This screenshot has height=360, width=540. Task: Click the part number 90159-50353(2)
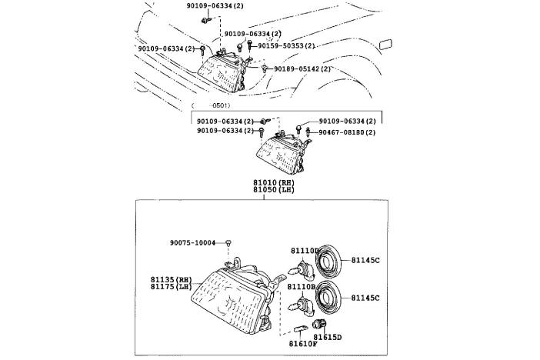tap(286, 45)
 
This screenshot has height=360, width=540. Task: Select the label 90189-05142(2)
tap(303, 68)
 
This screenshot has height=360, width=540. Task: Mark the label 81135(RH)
tap(171, 278)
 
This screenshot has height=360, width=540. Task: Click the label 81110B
tap(303, 285)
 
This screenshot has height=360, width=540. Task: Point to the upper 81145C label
tap(366, 260)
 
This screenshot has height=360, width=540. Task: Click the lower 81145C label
tap(366, 297)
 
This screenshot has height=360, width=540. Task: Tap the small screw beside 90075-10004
tap(229, 243)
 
